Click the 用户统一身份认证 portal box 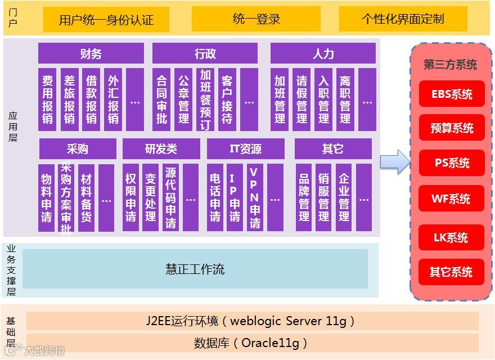[106, 20]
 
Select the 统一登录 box [256, 19]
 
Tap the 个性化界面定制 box [403, 19]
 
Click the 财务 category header [91, 53]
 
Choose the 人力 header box [323, 53]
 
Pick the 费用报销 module [47, 100]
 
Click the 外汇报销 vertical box [113, 100]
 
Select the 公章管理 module [183, 100]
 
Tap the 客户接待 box [227, 100]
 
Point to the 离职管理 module [345, 100]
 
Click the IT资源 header [246, 149]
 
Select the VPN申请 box [255, 197]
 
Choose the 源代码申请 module [170, 197]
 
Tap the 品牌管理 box [304, 197]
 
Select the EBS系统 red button [452, 94]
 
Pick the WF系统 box [451, 199]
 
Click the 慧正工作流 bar [195, 269]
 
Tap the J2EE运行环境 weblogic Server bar [252, 321]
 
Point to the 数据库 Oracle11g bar [252, 343]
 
